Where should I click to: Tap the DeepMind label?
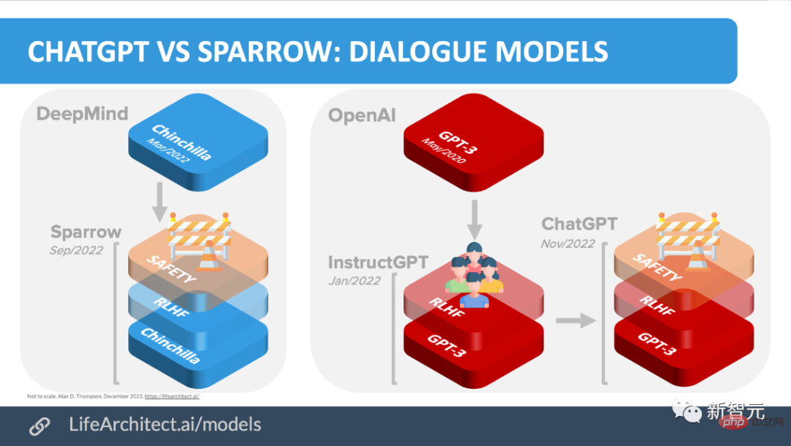82,114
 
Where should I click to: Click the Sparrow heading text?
86,233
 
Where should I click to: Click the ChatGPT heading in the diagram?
579,224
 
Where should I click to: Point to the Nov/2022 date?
568,244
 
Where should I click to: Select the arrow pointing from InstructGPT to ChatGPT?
574,320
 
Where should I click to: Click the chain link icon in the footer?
39,425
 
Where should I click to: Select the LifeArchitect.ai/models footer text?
165,424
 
